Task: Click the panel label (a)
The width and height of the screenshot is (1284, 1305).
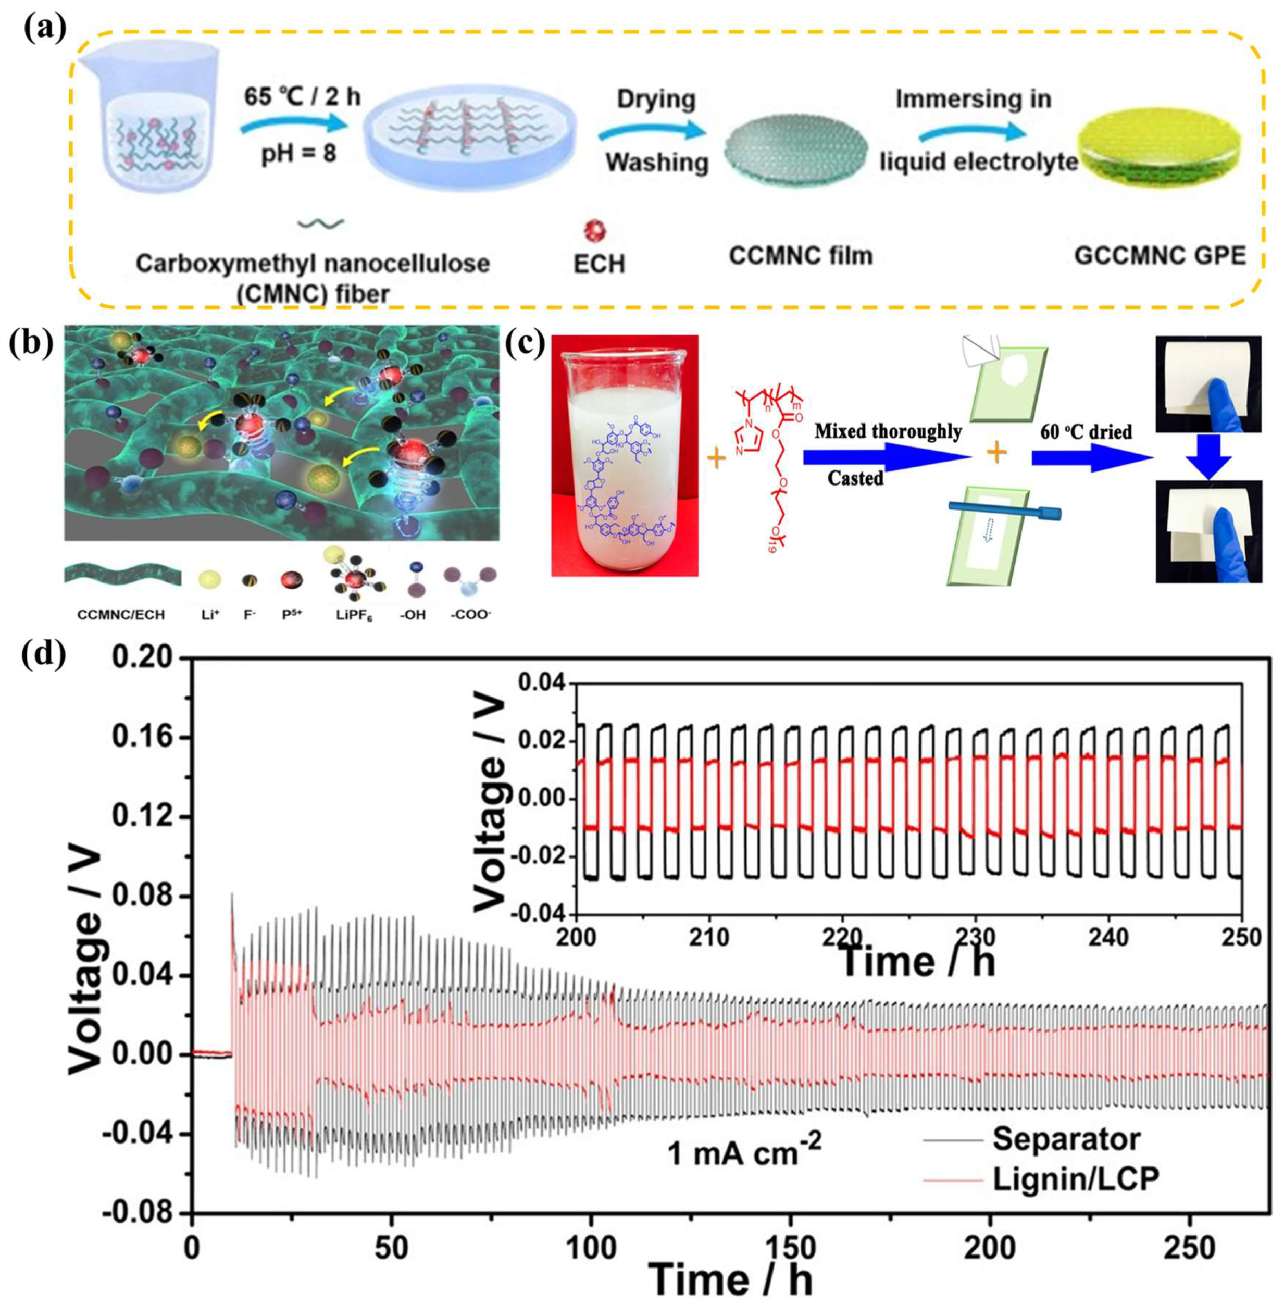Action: [x=35, y=29]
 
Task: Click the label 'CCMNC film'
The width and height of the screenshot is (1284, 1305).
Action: [x=801, y=256]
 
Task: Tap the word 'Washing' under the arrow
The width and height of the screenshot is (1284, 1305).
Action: [x=657, y=162]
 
